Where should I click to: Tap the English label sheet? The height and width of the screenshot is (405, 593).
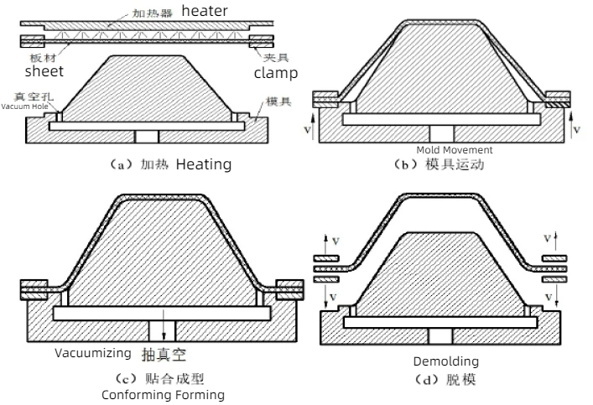click(x=44, y=71)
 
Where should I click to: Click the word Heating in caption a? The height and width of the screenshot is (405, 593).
click(x=203, y=164)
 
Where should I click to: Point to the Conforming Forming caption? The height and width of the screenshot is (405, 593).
click(x=163, y=394)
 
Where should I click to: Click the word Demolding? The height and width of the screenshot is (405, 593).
click(x=445, y=361)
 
